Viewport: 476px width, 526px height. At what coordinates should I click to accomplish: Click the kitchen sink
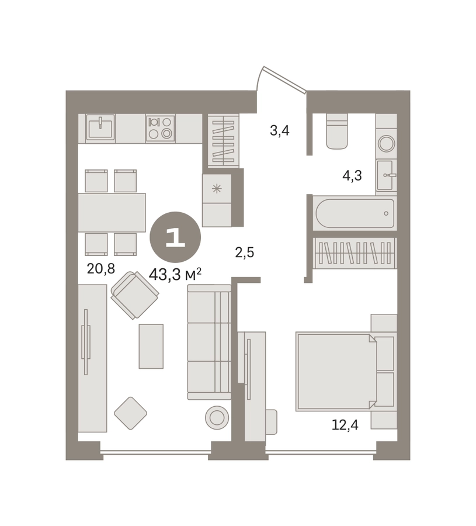pos(100,127)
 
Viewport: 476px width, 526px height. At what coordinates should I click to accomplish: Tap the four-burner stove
pos(161,128)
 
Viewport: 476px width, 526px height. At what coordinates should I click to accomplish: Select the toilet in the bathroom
pos(337,131)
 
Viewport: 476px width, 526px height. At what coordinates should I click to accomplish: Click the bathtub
pos(355,214)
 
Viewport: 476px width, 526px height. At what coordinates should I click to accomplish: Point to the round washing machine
pos(386,144)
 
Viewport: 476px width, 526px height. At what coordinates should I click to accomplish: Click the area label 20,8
pos(100,268)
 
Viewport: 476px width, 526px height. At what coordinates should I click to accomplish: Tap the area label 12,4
pos(345,425)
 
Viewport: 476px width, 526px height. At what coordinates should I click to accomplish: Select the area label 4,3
pos(352,175)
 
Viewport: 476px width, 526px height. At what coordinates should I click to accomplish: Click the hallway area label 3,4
pos(280,130)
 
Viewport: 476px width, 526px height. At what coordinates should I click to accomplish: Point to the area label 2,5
pos(244,252)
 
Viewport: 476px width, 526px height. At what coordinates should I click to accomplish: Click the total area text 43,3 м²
pos(175,275)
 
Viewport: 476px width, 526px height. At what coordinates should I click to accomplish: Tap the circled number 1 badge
pos(175,237)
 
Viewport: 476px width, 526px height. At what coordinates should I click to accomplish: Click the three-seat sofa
pos(209,342)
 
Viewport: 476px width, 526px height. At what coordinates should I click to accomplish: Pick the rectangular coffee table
pos(151,346)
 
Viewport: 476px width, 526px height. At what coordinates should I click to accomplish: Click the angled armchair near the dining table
pos(135,295)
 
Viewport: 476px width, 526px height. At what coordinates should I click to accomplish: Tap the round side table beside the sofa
pos(217,417)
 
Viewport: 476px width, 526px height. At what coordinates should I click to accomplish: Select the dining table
pos(112,212)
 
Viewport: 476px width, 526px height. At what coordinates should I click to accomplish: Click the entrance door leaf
pos(284,78)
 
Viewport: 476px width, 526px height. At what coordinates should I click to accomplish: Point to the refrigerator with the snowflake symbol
pos(217,200)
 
